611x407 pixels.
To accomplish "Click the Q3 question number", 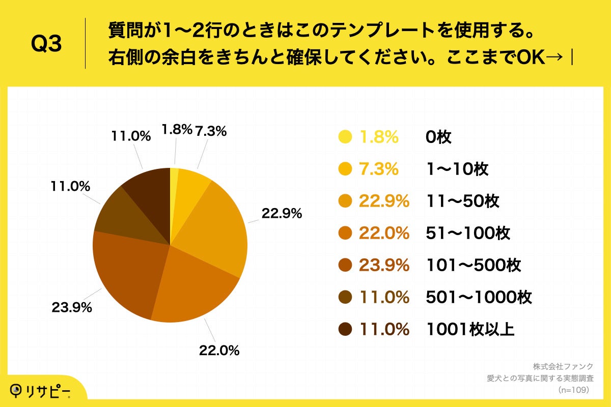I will point(46,45).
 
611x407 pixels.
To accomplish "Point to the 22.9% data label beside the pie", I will point(282,214).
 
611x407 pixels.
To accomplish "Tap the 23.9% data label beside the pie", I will point(71,307).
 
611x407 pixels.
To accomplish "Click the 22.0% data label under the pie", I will point(219,350).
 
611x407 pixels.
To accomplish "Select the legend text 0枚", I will point(438,137).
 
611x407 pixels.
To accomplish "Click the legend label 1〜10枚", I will point(457,169).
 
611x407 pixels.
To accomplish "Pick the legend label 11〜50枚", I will point(462,201).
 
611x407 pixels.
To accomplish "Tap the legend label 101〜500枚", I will point(473,265).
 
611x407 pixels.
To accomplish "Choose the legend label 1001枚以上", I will point(470,329).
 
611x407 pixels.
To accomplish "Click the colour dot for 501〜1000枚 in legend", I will point(345,297).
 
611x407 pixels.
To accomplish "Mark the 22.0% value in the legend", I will point(384,234).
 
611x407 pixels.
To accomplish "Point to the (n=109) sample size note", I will point(573,390).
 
